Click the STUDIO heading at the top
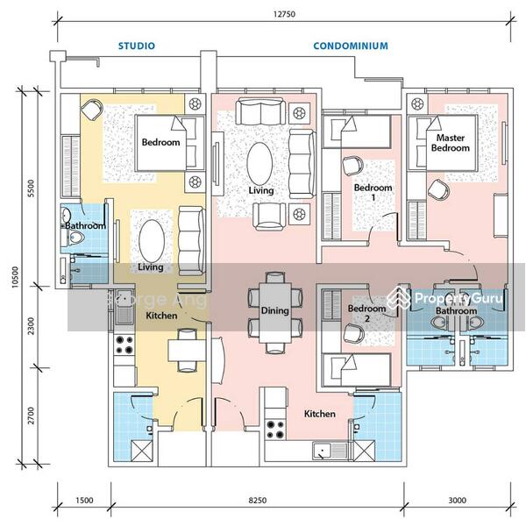coord(137,46)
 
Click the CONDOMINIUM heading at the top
coord(351,46)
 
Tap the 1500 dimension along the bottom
coord(84,501)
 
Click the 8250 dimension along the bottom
coord(257,501)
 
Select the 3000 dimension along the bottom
coord(456,501)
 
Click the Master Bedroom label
coord(450,143)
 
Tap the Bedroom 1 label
coord(373,194)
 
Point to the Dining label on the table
coord(274,311)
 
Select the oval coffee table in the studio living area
coord(151,238)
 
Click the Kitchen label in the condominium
coord(321,413)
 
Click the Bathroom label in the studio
coord(84,225)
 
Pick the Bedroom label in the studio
coord(160,143)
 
